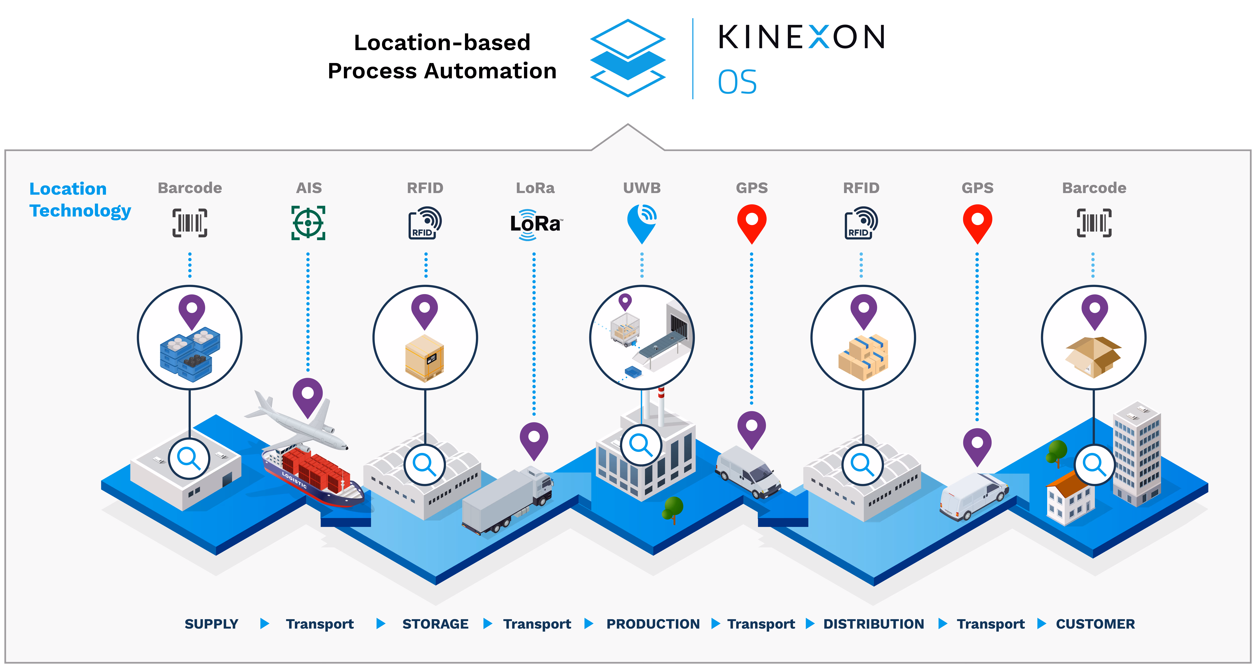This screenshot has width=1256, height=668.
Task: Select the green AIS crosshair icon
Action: (308, 223)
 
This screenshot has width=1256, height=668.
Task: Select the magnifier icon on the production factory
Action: (641, 445)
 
